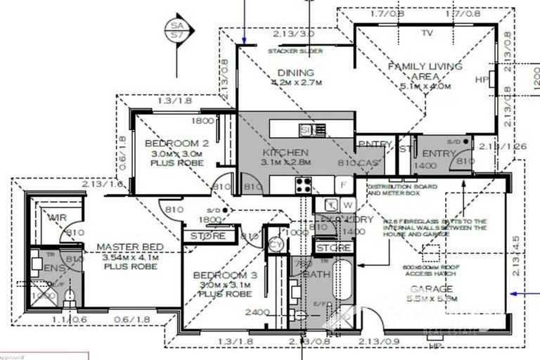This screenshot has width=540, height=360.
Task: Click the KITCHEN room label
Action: click(285, 153)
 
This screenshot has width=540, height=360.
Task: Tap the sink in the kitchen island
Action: click(312, 129)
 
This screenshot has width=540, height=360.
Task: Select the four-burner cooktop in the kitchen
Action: click(304, 185)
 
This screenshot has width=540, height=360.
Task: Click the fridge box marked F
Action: click(344, 185)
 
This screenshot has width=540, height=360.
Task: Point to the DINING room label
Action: click(290, 72)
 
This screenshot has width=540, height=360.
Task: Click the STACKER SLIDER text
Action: click(295, 51)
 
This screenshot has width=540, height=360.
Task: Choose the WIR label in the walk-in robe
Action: click(56, 218)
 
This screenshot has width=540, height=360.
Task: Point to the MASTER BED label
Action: click(130, 247)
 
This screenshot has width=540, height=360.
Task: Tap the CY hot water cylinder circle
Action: click(276, 244)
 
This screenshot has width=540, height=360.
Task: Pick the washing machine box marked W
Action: click(349, 205)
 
